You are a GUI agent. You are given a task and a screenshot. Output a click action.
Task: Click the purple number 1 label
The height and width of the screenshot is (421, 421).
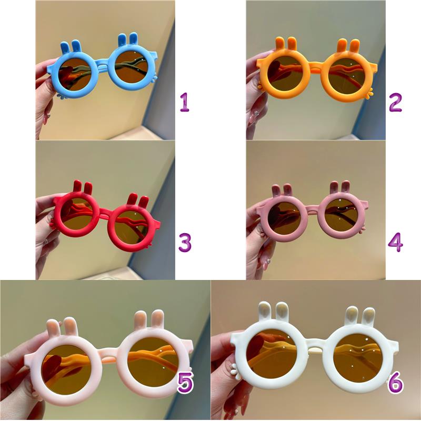[x=185, y=102]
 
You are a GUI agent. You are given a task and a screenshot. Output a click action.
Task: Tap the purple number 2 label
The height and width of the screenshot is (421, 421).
[x=395, y=102]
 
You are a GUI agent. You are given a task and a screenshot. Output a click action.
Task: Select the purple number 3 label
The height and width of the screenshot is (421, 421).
[x=185, y=242]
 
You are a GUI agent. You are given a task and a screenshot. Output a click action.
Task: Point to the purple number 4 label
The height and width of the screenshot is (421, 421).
[x=396, y=242]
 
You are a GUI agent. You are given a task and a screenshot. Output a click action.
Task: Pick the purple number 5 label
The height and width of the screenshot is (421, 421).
[x=185, y=383]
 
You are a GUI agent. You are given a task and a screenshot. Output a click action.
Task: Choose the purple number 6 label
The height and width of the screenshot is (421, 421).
[x=396, y=383]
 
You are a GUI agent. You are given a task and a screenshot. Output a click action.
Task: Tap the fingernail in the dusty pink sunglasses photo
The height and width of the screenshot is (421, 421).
[x=266, y=262]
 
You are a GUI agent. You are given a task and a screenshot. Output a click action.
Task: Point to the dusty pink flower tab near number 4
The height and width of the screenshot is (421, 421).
[x=362, y=229]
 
